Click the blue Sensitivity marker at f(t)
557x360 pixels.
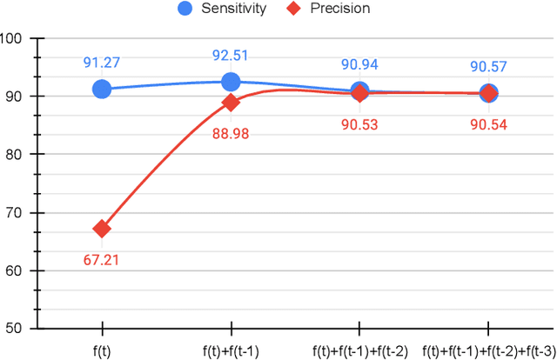(102, 89)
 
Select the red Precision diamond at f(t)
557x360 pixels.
(102, 229)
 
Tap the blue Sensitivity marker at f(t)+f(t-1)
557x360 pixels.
(231, 82)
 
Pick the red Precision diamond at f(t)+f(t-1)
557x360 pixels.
(231, 102)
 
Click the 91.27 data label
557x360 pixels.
(102, 62)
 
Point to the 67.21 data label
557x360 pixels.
(102, 260)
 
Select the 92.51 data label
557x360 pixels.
(231, 55)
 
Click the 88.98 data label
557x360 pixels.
(231, 132)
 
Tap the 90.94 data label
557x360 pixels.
(359, 64)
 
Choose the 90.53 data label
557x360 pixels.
(359, 123)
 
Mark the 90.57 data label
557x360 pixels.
(488, 66)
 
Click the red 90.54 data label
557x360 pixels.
(488, 123)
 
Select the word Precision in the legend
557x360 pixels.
(340, 9)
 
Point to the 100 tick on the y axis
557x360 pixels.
(13, 38)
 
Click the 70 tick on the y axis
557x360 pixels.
(17, 212)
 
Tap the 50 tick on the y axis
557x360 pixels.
(17, 329)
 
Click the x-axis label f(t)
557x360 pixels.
(102, 351)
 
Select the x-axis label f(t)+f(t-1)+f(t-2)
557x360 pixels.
(359, 351)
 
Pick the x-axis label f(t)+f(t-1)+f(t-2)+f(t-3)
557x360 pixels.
(488, 351)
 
